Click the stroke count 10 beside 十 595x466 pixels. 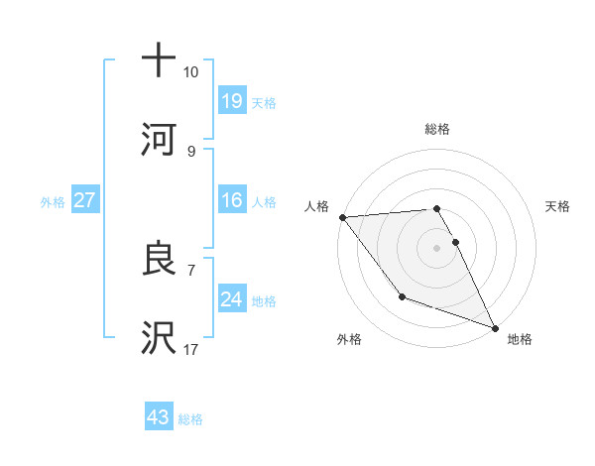191,72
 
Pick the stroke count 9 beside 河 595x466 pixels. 190,151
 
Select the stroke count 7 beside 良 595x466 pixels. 190,270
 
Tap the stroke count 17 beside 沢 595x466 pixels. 191,350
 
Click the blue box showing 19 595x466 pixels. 232,100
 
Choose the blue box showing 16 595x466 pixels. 232,201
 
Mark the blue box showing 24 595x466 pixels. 232,299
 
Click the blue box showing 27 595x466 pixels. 85,201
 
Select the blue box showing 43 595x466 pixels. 159,417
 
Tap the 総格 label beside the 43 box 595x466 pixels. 190,419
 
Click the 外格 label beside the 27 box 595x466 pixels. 53,202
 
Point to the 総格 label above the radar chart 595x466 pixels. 437,129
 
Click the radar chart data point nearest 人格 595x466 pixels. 342,217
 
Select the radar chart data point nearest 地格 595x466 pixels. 494,327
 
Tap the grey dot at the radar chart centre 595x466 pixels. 436,248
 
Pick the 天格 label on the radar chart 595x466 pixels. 558,206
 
